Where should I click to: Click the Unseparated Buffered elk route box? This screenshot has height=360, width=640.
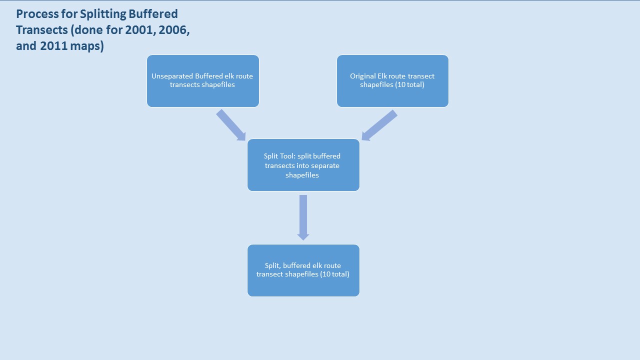tap(202, 81)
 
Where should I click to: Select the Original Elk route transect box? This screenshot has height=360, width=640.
tap(392, 81)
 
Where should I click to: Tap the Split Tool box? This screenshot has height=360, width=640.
tap(303, 165)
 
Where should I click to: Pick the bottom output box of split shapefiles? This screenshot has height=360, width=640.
tap(303, 270)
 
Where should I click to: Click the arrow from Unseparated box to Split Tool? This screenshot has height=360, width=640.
tap(231, 125)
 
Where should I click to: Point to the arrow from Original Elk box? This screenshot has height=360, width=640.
tap(379, 125)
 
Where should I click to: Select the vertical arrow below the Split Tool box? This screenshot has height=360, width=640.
tap(303, 217)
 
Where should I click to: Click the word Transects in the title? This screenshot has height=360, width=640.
tap(41, 30)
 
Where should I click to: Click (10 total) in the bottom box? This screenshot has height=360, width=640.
tap(334, 274)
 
